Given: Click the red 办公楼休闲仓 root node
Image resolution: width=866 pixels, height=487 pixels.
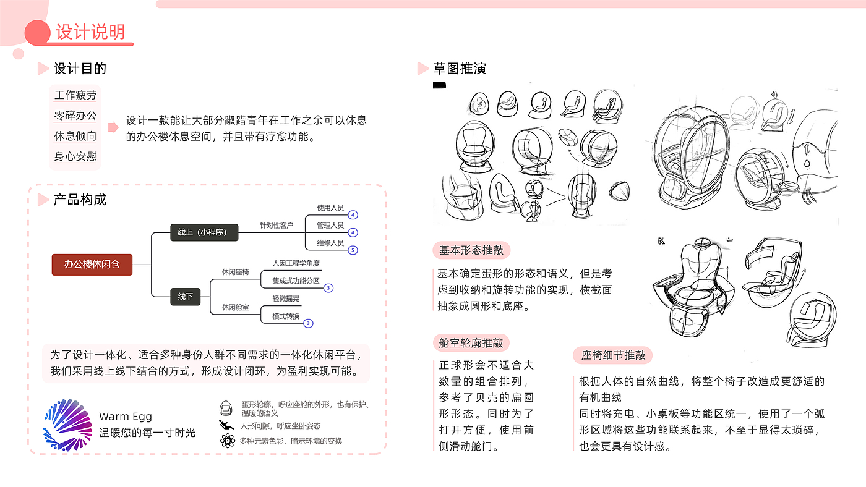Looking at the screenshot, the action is click(92, 265).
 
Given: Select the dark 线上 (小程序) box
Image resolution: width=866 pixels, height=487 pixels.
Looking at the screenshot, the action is click(204, 232).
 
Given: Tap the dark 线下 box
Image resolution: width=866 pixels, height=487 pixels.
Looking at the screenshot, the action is click(185, 297).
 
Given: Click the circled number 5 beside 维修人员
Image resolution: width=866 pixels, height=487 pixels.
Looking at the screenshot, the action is click(353, 250).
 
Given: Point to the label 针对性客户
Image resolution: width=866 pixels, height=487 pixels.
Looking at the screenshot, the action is click(276, 226).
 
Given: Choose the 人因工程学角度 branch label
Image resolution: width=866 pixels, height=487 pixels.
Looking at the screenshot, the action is click(296, 263).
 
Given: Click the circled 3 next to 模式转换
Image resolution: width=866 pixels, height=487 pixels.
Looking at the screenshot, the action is click(308, 323).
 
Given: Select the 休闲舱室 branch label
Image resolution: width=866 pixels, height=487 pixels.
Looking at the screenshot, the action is click(235, 307).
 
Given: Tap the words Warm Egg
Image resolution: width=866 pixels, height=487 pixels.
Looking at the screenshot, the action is click(126, 417).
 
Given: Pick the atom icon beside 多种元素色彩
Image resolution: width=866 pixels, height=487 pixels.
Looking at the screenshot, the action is click(228, 441).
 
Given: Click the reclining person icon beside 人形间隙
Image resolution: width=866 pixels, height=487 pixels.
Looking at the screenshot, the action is click(226, 425).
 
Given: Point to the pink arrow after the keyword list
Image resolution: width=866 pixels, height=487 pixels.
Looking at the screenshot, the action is click(113, 127).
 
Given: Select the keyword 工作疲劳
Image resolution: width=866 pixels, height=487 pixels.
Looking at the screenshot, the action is click(75, 95).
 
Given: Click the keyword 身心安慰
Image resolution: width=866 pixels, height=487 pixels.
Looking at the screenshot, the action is click(75, 156).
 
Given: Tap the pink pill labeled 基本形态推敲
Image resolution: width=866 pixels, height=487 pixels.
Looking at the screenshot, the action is click(471, 250).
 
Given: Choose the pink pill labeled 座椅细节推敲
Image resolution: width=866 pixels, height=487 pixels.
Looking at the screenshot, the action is click(613, 355).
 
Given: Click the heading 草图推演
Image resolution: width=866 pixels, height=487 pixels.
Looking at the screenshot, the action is click(459, 69).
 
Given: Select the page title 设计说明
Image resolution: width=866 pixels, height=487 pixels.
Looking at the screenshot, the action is click(90, 32).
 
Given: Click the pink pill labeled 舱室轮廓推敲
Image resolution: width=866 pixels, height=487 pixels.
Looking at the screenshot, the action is click(471, 343).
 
